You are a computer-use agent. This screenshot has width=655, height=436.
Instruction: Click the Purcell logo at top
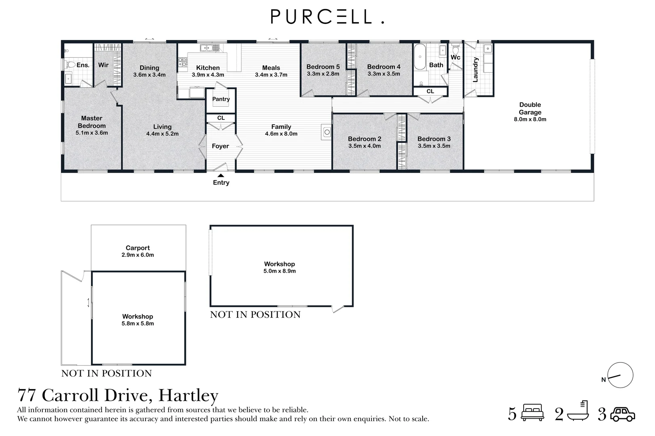coord(327,17)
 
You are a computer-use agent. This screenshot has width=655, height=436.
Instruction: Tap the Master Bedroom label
coord(92,122)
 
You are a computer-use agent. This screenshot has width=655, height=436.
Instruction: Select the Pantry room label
coord(221,99)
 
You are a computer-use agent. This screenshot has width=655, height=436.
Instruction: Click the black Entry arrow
coord(221,175)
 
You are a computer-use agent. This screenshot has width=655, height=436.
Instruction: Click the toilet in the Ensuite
coord(71,65)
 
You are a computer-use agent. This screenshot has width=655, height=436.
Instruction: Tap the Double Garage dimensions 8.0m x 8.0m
coord(530,119)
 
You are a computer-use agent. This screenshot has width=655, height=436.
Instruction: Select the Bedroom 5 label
coord(323,67)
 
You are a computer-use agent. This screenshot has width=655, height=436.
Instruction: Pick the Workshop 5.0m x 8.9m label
coord(280,267)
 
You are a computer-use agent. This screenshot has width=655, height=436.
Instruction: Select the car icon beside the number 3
coord(623,414)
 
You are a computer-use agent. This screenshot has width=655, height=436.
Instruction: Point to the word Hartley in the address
coord(188,395)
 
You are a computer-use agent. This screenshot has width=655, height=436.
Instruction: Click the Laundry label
coord(476,69)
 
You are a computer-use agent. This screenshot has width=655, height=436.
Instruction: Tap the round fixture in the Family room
coord(326,132)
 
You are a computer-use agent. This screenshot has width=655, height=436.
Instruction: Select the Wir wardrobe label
coord(103,65)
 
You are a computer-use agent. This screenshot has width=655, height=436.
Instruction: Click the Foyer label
coord(221,146)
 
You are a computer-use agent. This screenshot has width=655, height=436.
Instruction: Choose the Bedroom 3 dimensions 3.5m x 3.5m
coord(434,146)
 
